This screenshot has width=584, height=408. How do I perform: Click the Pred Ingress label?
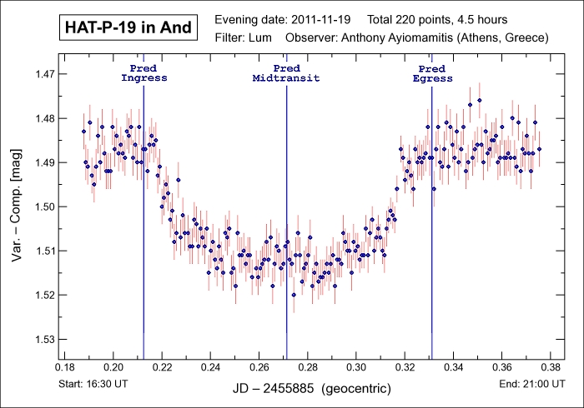point(144,72)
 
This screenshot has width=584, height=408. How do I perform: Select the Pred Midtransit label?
point(286,72)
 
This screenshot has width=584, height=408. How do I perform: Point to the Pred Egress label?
point(432,72)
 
